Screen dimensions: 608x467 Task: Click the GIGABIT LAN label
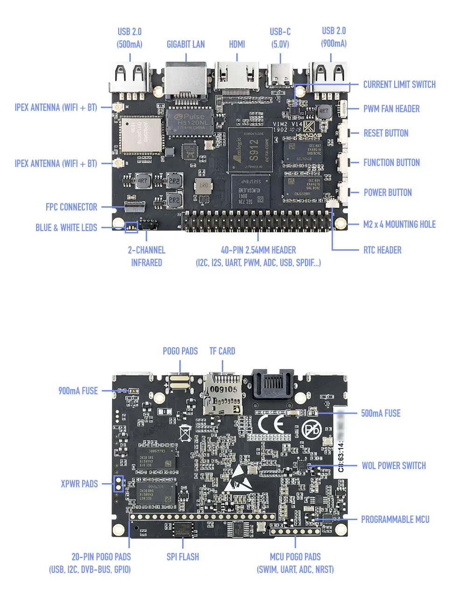point(185,44)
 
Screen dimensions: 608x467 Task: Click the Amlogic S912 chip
point(250,149)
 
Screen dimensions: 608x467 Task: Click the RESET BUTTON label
point(386,133)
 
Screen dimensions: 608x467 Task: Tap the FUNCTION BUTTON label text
point(391,163)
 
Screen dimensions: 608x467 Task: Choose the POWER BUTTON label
point(388,193)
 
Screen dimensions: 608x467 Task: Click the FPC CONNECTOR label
point(71,207)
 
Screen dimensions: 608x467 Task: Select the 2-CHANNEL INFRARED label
point(147,256)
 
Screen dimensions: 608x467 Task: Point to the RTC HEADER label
point(382,250)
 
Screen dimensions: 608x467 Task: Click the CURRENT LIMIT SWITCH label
point(399,85)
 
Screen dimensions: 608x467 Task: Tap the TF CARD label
point(222,351)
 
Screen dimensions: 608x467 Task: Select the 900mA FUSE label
point(78,391)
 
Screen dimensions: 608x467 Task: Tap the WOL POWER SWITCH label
point(394,466)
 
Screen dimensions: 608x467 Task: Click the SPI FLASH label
point(183,557)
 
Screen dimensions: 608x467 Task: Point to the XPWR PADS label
point(79,484)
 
